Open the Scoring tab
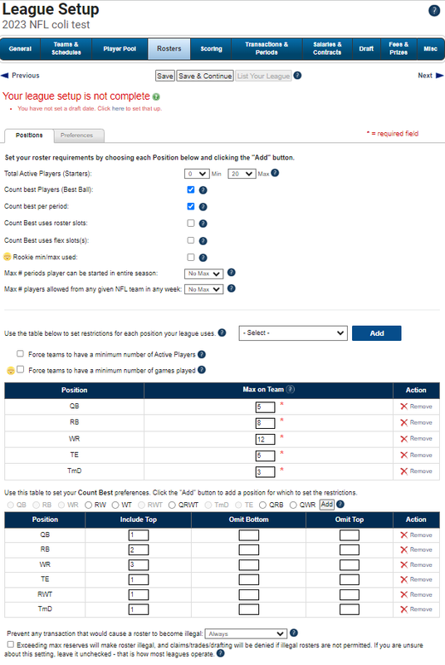(211, 49)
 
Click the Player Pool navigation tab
(120, 49)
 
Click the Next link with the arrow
(430, 76)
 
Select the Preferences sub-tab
(76, 135)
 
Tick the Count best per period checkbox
(191, 206)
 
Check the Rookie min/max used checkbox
(191, 257)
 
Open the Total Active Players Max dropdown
(242, 174)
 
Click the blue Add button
(376, 333)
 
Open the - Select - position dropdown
(293, 333)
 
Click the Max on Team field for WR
(265, 440)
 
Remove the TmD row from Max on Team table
(416, 471)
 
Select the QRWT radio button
(172, 505)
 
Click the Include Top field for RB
(139, 550)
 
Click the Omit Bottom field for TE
(248, 579)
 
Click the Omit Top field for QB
(350, 535)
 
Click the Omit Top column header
(350, 520)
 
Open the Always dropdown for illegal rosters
(246, 633)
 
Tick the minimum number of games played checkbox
(20, 369)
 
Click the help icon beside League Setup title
(434, 11)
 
